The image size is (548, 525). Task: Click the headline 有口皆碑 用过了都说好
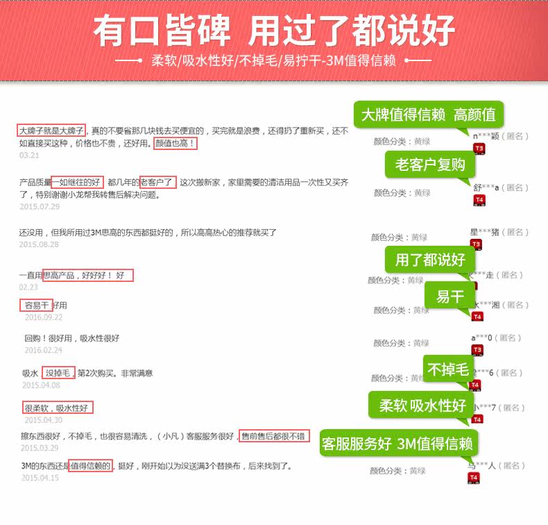(274, 31)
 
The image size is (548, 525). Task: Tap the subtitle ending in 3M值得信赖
(273, 60)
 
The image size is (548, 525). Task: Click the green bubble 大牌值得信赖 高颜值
(428, 115)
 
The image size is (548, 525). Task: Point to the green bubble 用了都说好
(430, 260)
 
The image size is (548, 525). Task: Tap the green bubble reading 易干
(449, 297)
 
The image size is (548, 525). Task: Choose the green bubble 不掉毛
(447, 369)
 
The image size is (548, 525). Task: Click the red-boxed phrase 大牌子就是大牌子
(51, 131)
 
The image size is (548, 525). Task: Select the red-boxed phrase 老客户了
(157, 183)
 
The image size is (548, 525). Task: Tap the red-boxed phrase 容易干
(36, 305)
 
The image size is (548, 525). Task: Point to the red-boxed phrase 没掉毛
(58, 373)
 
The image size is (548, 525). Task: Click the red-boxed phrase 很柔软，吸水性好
(58, 408)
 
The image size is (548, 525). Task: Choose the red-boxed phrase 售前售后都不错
(274, 436)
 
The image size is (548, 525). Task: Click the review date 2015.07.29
(40, 207)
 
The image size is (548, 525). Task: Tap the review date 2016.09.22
(43, 317)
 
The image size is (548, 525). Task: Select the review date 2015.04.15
(40, 478)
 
